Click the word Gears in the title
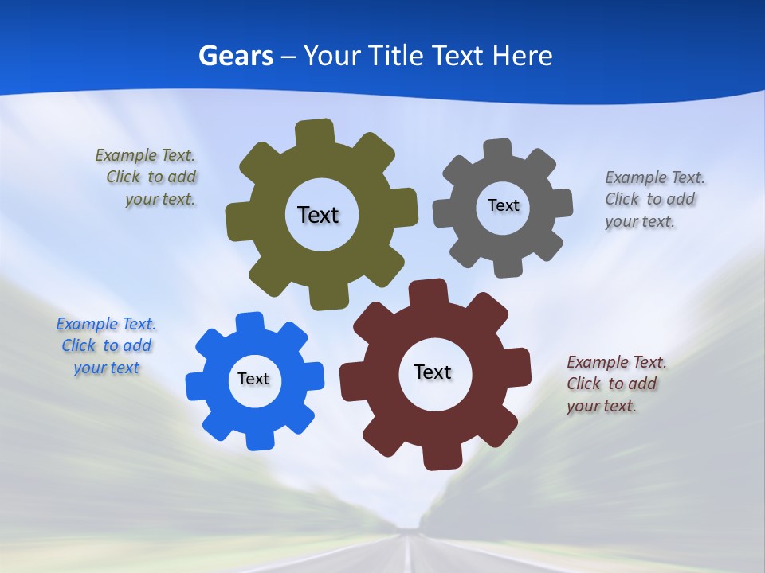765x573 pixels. [236, 56]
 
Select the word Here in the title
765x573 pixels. [522, 56]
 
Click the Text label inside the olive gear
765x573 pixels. [318, 215]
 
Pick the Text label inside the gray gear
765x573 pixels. [503, 205]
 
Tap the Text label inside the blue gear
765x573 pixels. [253, 379]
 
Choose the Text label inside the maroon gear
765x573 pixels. [433, 372]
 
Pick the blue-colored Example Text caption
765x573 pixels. [106, 345]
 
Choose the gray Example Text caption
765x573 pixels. [653, 199]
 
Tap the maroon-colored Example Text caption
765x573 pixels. [615, 384]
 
